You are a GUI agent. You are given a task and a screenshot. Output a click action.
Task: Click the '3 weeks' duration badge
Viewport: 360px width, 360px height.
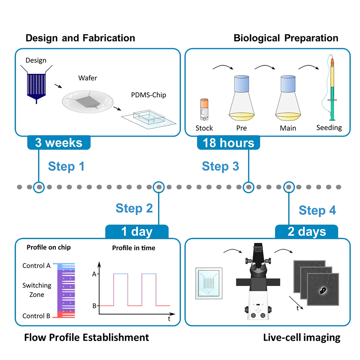pos(59,143)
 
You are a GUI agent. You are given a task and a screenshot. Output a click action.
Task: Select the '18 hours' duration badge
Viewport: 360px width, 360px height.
pos(228,143)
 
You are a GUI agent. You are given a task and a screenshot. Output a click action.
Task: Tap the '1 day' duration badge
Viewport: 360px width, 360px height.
pos(137,232)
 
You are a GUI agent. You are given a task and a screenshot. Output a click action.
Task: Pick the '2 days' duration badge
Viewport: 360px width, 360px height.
pos(307,232)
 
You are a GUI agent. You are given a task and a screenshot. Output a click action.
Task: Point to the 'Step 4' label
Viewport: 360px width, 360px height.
pos(317,210)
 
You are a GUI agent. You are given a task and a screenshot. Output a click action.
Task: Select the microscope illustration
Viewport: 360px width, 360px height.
pos(257,286)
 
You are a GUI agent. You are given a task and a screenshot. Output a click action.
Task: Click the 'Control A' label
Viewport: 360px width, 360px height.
pos(36,266)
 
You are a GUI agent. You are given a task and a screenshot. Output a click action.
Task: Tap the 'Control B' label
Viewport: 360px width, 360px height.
pos(36,316)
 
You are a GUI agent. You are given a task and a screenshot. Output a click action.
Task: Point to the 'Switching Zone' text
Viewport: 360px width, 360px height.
pos(37,290)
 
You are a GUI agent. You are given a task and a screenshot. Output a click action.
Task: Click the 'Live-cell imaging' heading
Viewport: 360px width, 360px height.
pos(301,338)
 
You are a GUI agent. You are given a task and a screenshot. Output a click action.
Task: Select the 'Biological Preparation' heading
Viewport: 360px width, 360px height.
pos(286,38)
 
